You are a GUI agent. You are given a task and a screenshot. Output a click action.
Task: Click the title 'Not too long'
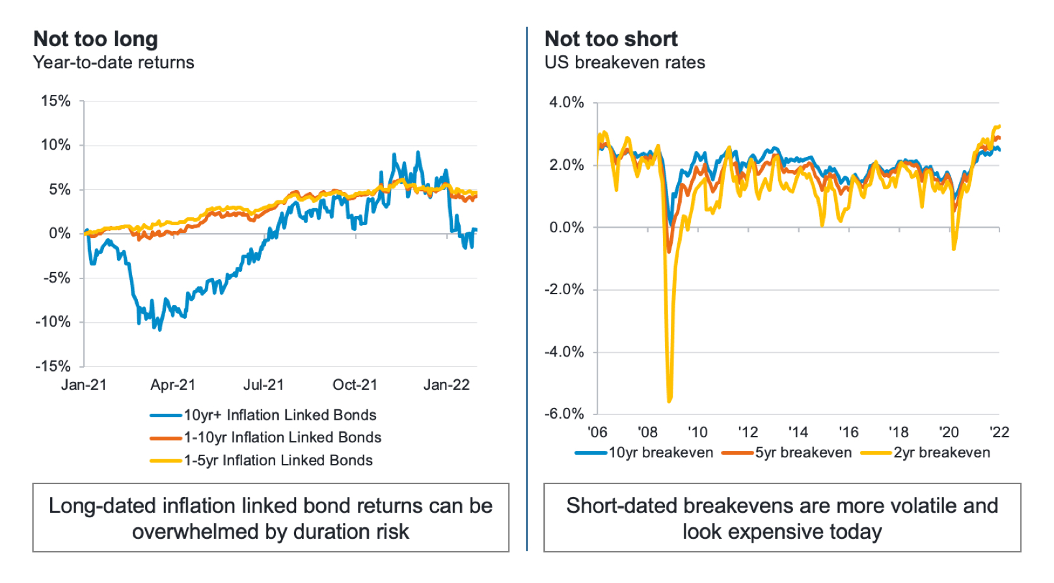(96, 40)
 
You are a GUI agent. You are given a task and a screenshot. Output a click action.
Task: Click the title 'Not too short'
(611, 40)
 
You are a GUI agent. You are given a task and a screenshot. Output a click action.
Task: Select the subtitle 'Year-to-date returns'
(114, 63)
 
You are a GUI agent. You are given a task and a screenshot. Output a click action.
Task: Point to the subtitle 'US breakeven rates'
(625, 63)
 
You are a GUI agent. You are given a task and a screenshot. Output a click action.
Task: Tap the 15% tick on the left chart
(56, 101)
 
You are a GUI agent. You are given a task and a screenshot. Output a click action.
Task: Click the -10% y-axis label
(53, 322)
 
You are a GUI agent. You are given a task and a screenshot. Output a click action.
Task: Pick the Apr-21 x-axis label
(172, 385)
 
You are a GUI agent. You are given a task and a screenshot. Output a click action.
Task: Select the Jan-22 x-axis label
(446, 385)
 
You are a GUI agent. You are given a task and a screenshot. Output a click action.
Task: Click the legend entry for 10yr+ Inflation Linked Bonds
(280, 415)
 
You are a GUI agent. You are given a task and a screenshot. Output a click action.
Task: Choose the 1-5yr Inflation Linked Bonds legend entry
(278, 461)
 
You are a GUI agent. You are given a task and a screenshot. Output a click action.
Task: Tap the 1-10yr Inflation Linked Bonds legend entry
(282, 437)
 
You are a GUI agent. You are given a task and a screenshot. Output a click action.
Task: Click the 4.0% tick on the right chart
(567, 103)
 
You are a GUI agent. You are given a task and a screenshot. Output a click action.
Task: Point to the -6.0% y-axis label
(564, 414)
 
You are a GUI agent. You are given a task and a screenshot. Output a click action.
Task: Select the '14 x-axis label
(798, 432)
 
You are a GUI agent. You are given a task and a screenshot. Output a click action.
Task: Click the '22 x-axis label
(999, 432)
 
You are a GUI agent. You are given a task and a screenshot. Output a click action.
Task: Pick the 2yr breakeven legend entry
(941, 453)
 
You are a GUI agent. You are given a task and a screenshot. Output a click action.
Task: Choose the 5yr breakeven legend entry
(803, 453)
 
